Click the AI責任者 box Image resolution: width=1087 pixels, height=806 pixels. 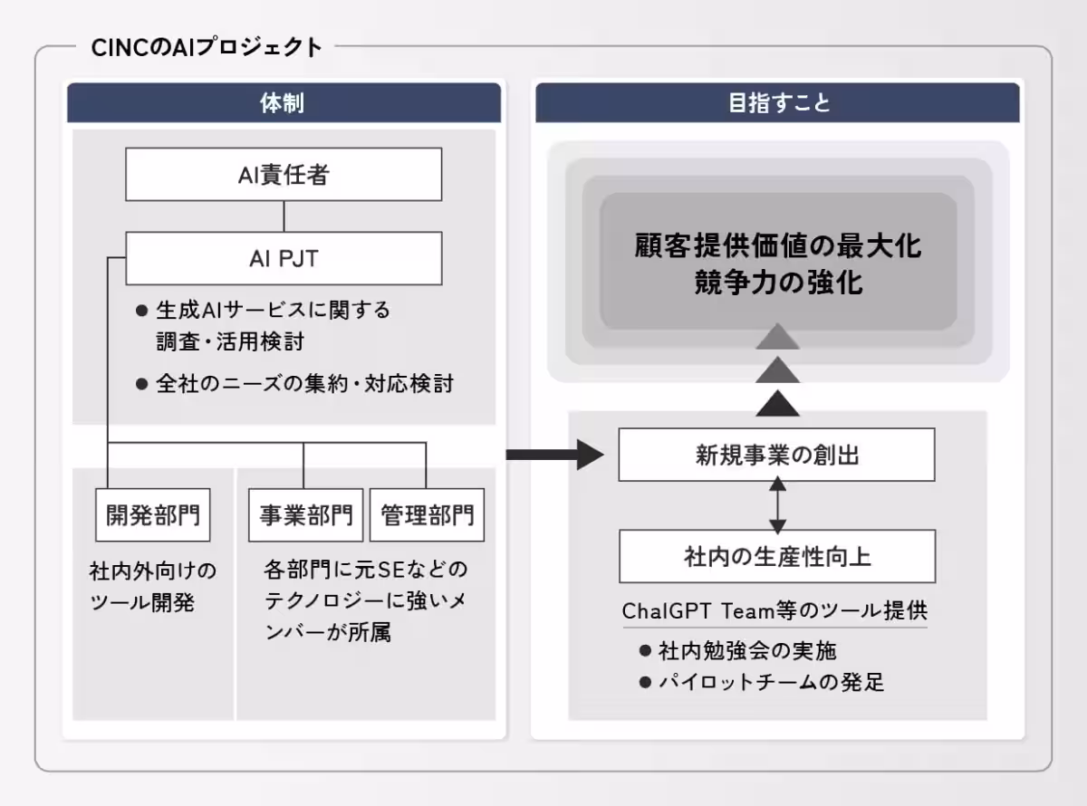click(x=284, y=175)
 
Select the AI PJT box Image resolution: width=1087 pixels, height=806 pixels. click(x=284, y=259)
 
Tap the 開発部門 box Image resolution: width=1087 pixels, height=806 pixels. click(x=152, y=515)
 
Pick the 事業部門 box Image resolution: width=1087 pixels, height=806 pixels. click(x=305, y=515)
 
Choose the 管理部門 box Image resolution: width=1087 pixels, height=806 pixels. click(x=427, y=515)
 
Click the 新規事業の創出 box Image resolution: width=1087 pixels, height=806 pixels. click(x=776, y=456)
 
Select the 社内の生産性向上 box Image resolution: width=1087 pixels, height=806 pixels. click(x=776, y=556)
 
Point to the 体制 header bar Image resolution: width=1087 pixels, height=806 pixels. click(x=284, y=103)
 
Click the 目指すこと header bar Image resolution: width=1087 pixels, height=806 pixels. click(x=777, y=103)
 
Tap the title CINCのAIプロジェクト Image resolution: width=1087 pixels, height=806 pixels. click(x=207, y=47)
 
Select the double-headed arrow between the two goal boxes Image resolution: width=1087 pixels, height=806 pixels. click(x=776, y=505)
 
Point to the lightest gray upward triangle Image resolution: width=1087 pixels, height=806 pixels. click(x=777, y=337)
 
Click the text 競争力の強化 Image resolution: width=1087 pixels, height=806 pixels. click(x=776, y=283)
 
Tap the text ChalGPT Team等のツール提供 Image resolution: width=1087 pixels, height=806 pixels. click(x=774, y=611)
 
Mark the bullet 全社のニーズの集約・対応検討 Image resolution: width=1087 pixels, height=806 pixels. click(x=304, y=384)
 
